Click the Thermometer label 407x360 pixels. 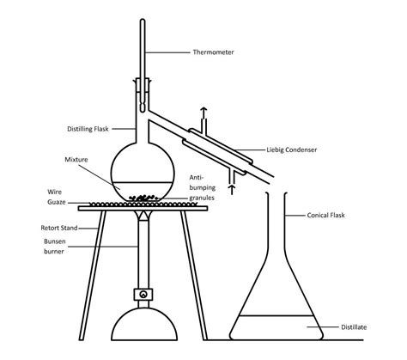pos(215,53)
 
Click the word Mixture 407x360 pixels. pos(77,160)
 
